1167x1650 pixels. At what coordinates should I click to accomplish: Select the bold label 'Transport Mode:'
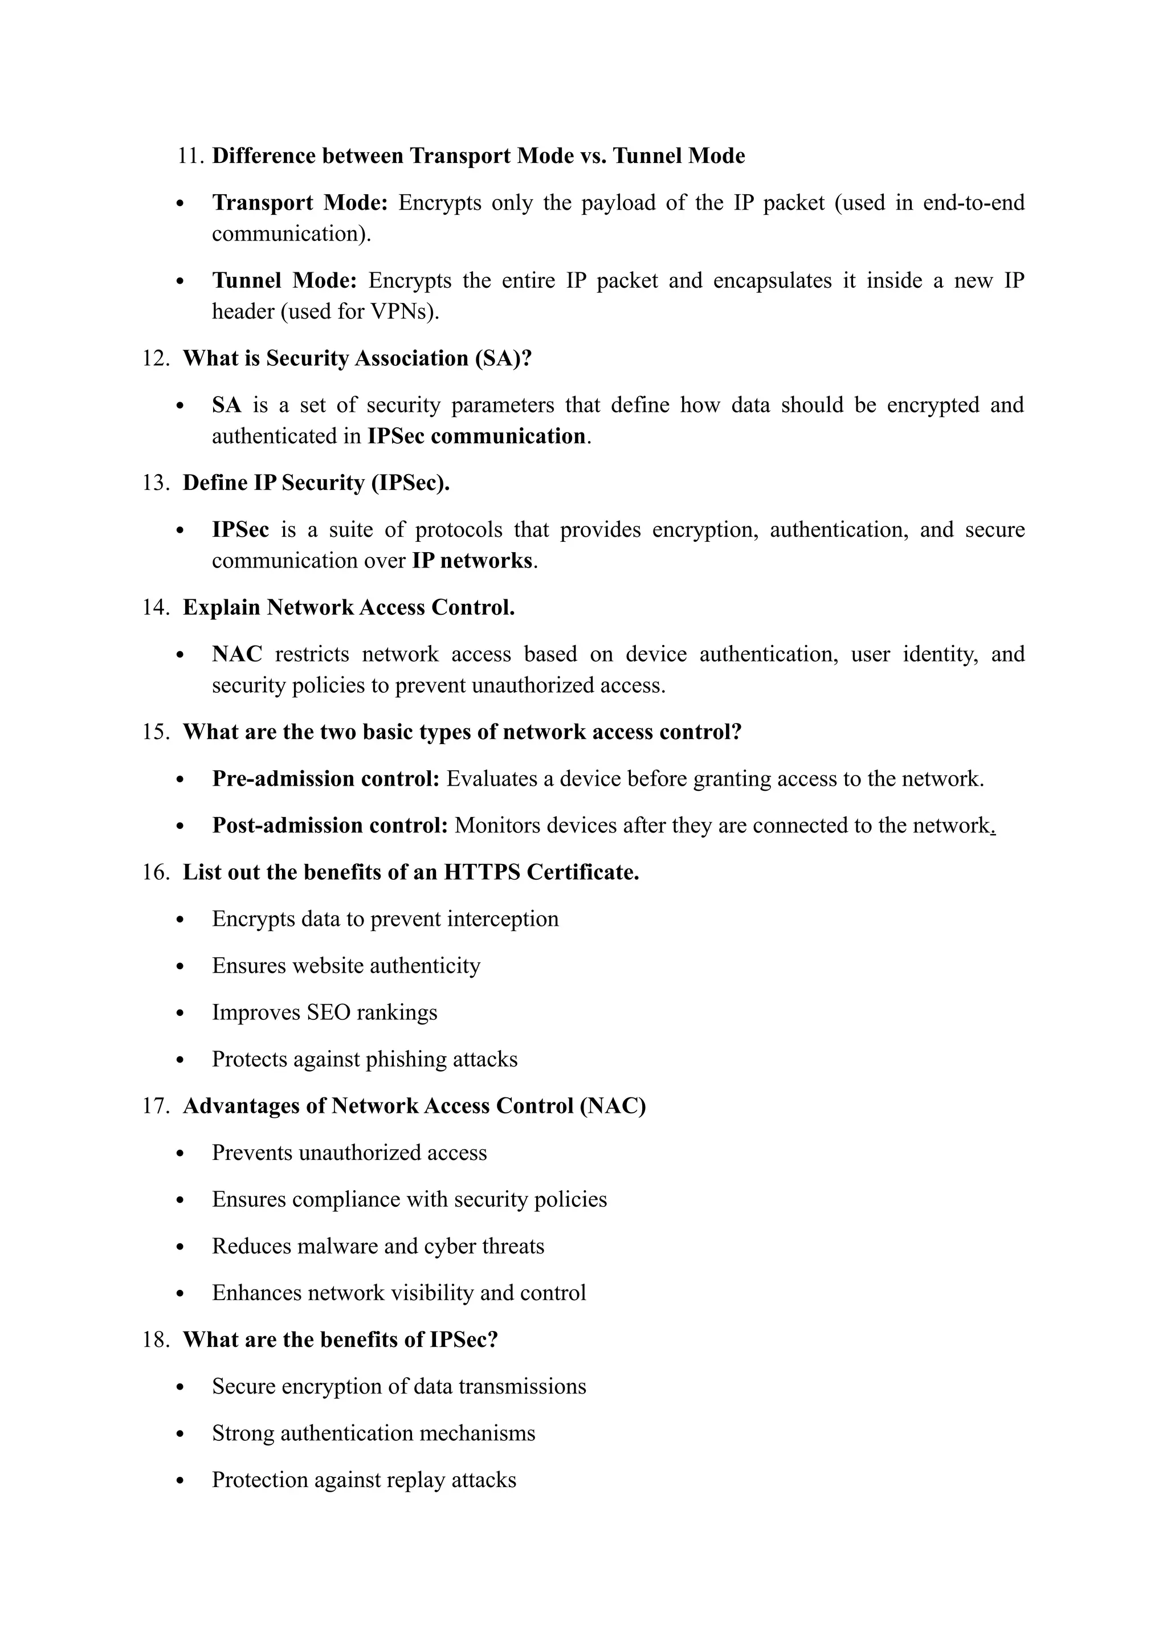click(300, 203)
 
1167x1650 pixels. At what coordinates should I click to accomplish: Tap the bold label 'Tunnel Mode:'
click(284, 280)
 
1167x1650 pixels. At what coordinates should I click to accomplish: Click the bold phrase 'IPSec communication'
click(476, 436)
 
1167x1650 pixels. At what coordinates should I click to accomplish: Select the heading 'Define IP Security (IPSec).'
click(316, 483)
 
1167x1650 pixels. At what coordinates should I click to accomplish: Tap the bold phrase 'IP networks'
click(472, 561)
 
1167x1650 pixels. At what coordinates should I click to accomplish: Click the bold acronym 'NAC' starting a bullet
click(236, 654)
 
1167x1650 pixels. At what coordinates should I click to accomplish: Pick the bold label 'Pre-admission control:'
click(325, 778)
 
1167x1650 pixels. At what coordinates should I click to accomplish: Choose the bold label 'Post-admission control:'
click(330, 825)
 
